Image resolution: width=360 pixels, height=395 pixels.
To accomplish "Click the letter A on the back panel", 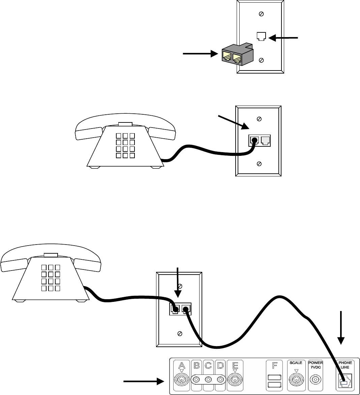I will tap(181, 365).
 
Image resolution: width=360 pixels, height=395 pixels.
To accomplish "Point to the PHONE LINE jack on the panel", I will tap(344, 380).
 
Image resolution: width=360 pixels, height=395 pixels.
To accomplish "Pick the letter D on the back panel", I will tap(220, 365).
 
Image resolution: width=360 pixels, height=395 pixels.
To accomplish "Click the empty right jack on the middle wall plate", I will tap(265, 141).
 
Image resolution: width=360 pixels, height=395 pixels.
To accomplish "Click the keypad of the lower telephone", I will tap(51, 278).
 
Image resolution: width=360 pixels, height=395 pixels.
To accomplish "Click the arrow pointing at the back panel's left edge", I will tap(144, 381).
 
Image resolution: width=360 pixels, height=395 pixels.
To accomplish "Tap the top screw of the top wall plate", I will tap(261, 14).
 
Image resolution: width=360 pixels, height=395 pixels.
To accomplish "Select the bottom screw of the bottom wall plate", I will tap(180, 333).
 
